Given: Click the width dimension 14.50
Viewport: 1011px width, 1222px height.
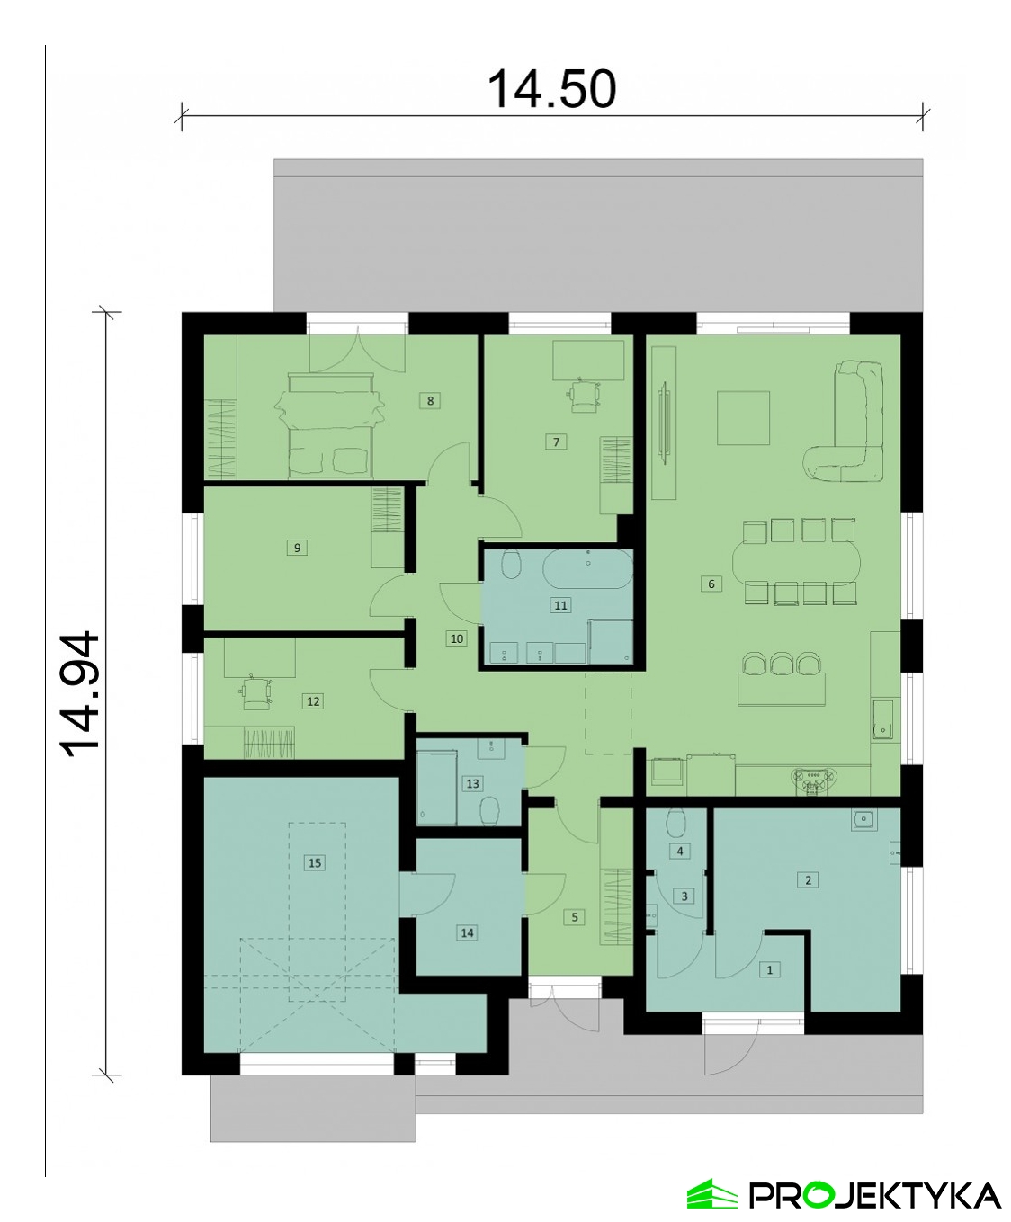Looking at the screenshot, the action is click(x=551, y=89).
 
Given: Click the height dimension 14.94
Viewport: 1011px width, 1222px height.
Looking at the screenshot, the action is click(x=81, y=694).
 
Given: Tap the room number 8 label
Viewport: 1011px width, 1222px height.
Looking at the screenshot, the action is click(x=430, y=401).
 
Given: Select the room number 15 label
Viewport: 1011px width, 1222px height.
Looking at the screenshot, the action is click(x=315, y=862).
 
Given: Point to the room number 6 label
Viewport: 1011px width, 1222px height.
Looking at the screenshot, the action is click(x=711, y=584).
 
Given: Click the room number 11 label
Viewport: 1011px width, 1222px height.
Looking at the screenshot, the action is click(x=560, y=605).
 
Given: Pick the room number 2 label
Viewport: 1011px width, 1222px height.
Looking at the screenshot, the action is click(x=809, y=879).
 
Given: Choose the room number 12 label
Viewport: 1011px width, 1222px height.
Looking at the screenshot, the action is click(x=313, y=701).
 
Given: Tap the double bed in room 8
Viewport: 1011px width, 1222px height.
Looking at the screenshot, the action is click(x=330, y=425).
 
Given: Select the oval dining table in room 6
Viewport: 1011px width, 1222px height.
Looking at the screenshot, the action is click(x=797, y=562).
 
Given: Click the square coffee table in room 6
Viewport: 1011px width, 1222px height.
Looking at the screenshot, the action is click(x=744, y=418).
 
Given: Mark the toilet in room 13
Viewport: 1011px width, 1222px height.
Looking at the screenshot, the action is click(x=489, y=812).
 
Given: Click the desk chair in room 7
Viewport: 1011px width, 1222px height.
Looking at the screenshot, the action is click(x=584, y=395).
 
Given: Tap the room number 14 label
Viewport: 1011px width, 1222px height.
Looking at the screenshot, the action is click(x=467, y=932).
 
